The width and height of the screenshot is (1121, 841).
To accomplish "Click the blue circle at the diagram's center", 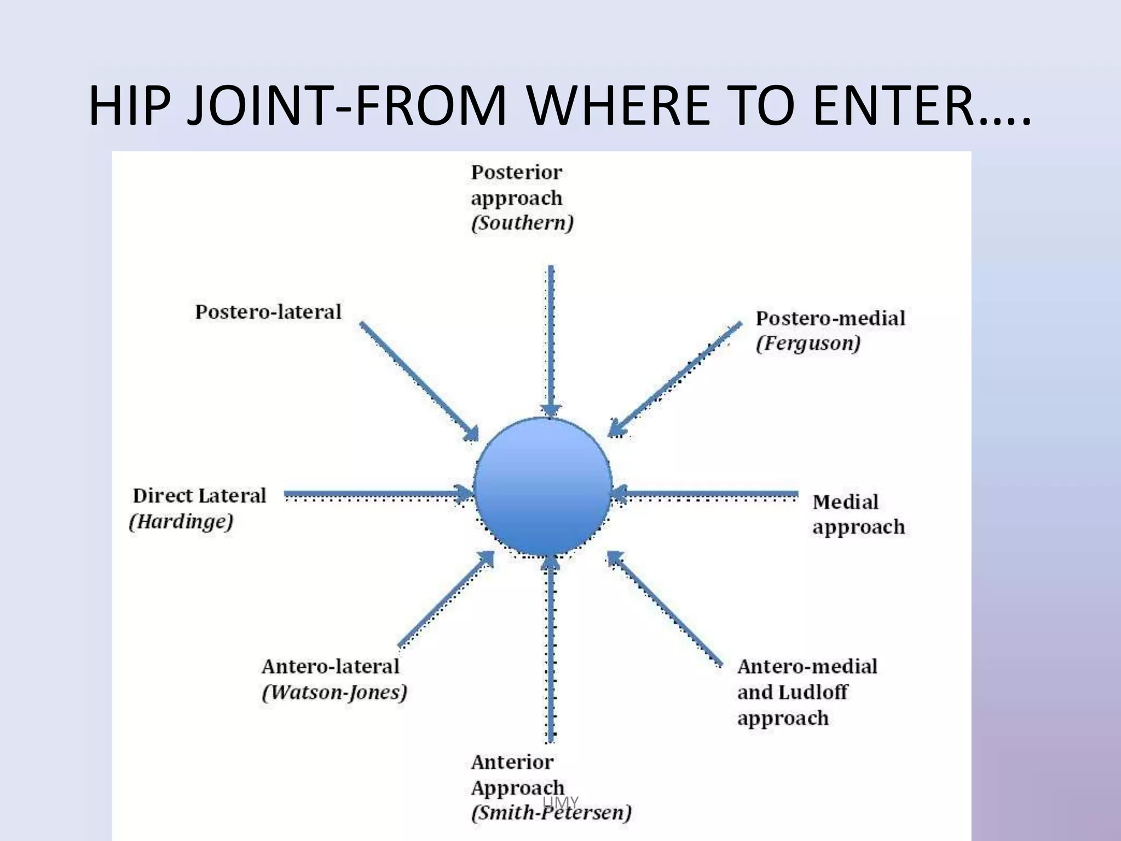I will (542, 487).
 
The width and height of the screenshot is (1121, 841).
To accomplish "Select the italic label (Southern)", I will (522, 223).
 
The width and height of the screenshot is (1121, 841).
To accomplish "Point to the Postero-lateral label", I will (268, 312).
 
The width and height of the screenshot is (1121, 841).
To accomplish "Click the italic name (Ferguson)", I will (808, 344).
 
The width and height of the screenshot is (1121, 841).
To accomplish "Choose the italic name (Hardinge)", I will (181, 521).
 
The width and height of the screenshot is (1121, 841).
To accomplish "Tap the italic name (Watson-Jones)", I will (334, 693).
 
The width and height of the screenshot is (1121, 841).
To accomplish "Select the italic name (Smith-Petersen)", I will (551, 812).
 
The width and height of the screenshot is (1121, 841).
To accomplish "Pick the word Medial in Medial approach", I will (845, 502).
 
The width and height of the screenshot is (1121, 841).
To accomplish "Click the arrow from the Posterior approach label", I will (551, 339).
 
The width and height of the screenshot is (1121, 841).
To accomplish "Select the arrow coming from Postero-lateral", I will (418, 381).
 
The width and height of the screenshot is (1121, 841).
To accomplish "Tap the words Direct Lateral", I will (199, 496).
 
